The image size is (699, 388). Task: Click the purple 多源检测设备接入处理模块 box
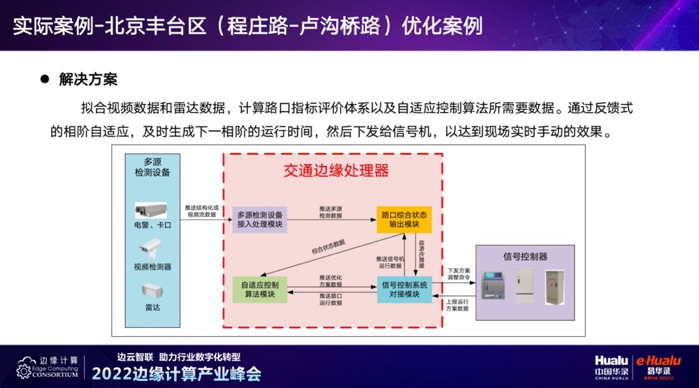pyautogui.click(x=259, y=219)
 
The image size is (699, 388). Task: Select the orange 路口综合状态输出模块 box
pyautogui.click(x=404, y=219)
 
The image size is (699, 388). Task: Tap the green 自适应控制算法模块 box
pyautogui.click(x=259, y=289)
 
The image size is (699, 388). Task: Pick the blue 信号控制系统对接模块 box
pyautogui.click(x=404, y=289)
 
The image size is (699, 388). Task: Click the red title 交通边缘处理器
pyautogui.click(x=336, y=170)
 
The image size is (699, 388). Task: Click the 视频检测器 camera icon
pyautogui.click(x=151, y=249)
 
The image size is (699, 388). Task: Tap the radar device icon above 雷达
pyautogui.click(x=152, y=290)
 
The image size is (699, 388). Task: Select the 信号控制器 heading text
pyautogui.click(x=525, y=256)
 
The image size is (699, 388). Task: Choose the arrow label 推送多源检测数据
pyautogui.click(x=331, y=212)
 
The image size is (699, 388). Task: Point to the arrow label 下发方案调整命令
pyautogui.click(x=459, y=273)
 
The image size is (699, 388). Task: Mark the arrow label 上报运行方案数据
pyautogui.click(x=458, y=304)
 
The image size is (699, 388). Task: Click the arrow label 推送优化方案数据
pyautogui.click(x=331, y=281)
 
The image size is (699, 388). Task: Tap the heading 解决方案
pyautogui.click(x=88, y=79)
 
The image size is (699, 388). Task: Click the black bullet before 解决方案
pyautogui.click(x=43, y=79)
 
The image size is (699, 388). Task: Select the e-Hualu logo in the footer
pyautogui.click(x=657, y=363)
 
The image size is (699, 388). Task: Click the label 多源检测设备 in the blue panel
pyautogui.click(x=152, y=166)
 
